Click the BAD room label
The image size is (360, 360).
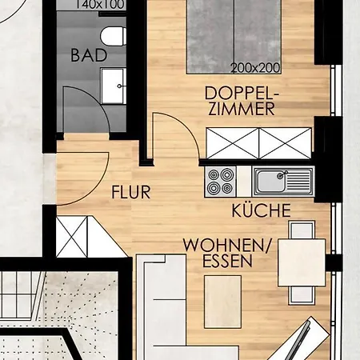point(89,55)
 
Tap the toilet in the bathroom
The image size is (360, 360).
point(114,36)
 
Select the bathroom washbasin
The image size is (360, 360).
point(114,86)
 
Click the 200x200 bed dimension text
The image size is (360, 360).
point(255,68)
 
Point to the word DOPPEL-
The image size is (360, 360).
point(242,94)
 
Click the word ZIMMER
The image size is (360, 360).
point(242,109)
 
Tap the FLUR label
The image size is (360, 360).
point(131,192)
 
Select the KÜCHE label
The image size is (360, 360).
point(261,210)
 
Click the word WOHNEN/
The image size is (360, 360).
point(227,245)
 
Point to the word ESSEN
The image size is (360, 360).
point(227,261)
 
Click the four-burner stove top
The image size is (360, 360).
point(221,182)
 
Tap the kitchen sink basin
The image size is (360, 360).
point(270,182)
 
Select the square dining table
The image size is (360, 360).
point(302,262)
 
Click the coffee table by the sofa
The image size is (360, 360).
point(222,302)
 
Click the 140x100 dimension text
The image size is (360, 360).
point(100,5)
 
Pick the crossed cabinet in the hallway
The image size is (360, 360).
point(72,237)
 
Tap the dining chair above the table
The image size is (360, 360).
point(302,230)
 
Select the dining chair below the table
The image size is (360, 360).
point(302,296)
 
